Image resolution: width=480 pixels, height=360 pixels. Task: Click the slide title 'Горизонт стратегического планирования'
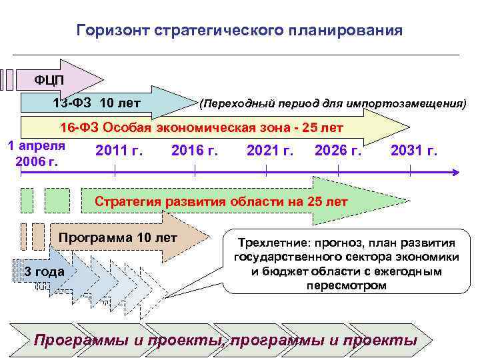[x=239, y=31]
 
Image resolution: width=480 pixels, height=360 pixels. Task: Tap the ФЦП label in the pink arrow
[x=49, y=80]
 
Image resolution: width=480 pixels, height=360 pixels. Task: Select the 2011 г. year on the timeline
[x=119, y=151]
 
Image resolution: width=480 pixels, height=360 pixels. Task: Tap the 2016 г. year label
[x=195, y=151]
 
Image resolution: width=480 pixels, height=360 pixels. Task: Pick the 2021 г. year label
[x=270, y=151]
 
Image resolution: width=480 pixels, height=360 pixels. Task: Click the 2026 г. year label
[x=338, y=151]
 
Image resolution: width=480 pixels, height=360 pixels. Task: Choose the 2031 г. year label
[x=414, y=151]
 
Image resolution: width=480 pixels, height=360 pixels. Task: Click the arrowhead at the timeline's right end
[x=456, y=172]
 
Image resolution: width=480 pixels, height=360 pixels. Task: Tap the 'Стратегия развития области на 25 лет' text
[x=221, y=201]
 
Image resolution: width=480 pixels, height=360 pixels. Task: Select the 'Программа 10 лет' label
[x=119, y=237]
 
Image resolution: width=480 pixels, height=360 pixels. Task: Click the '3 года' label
[x=44, y=271]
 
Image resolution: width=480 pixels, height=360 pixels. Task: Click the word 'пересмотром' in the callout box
[x=346, y=285]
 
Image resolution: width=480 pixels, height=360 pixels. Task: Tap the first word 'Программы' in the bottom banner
[x=81, y=341]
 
